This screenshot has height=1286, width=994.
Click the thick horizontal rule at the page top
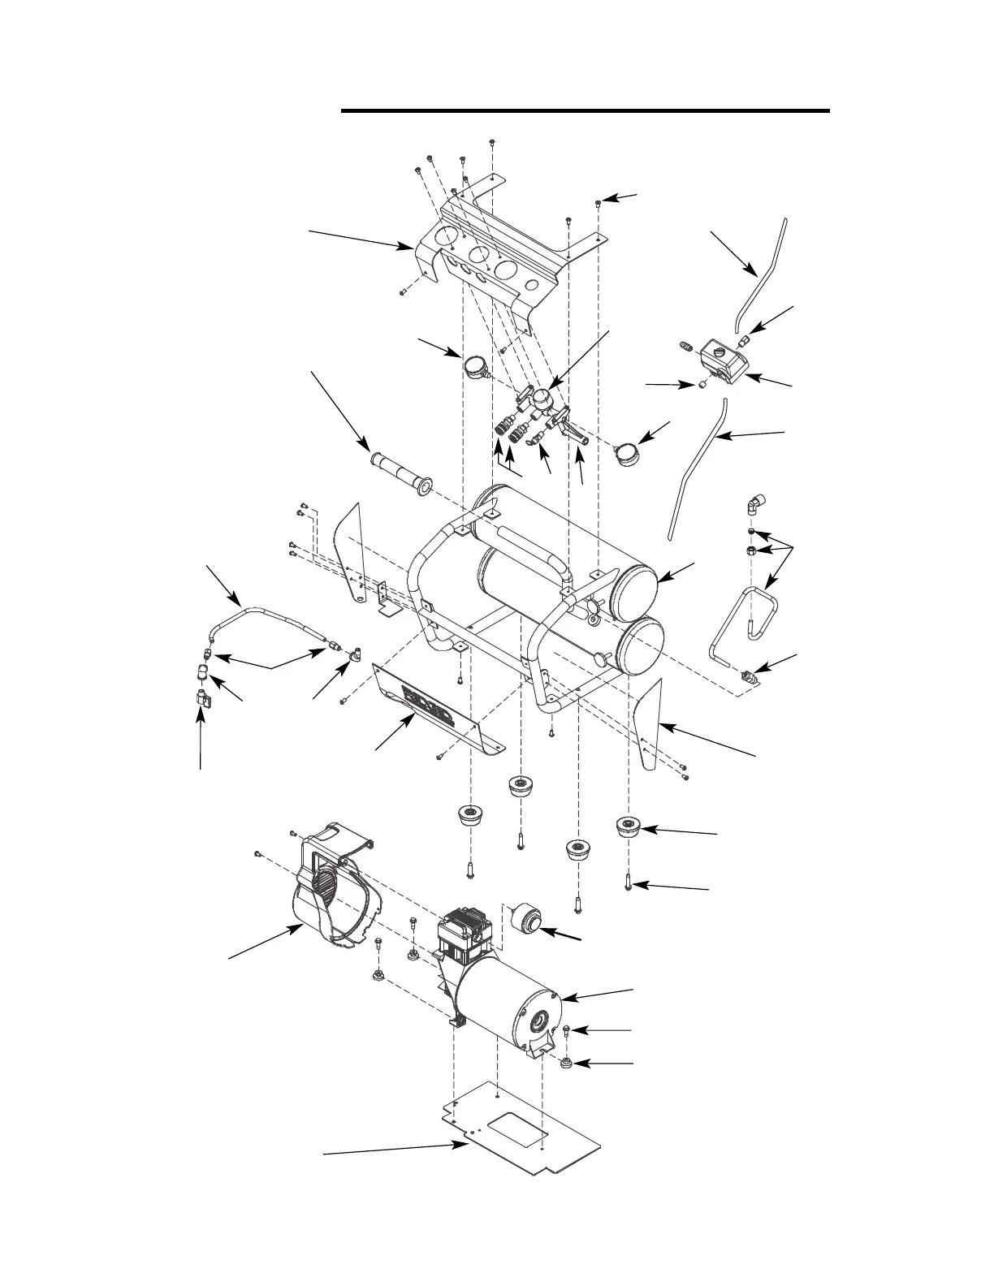[x=586, y=110]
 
